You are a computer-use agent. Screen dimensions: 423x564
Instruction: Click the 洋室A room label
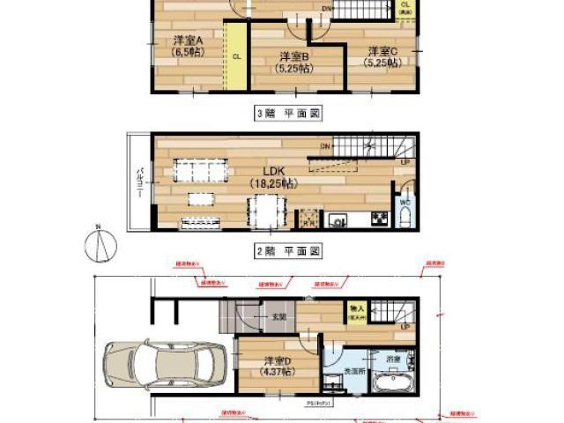point(187,46)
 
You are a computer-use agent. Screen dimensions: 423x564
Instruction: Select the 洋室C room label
point(384,55)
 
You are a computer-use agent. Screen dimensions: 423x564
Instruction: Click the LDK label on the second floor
point(271,177)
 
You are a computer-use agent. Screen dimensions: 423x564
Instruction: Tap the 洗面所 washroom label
point(354,372)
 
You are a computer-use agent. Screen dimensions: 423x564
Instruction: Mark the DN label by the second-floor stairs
point(324,145)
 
